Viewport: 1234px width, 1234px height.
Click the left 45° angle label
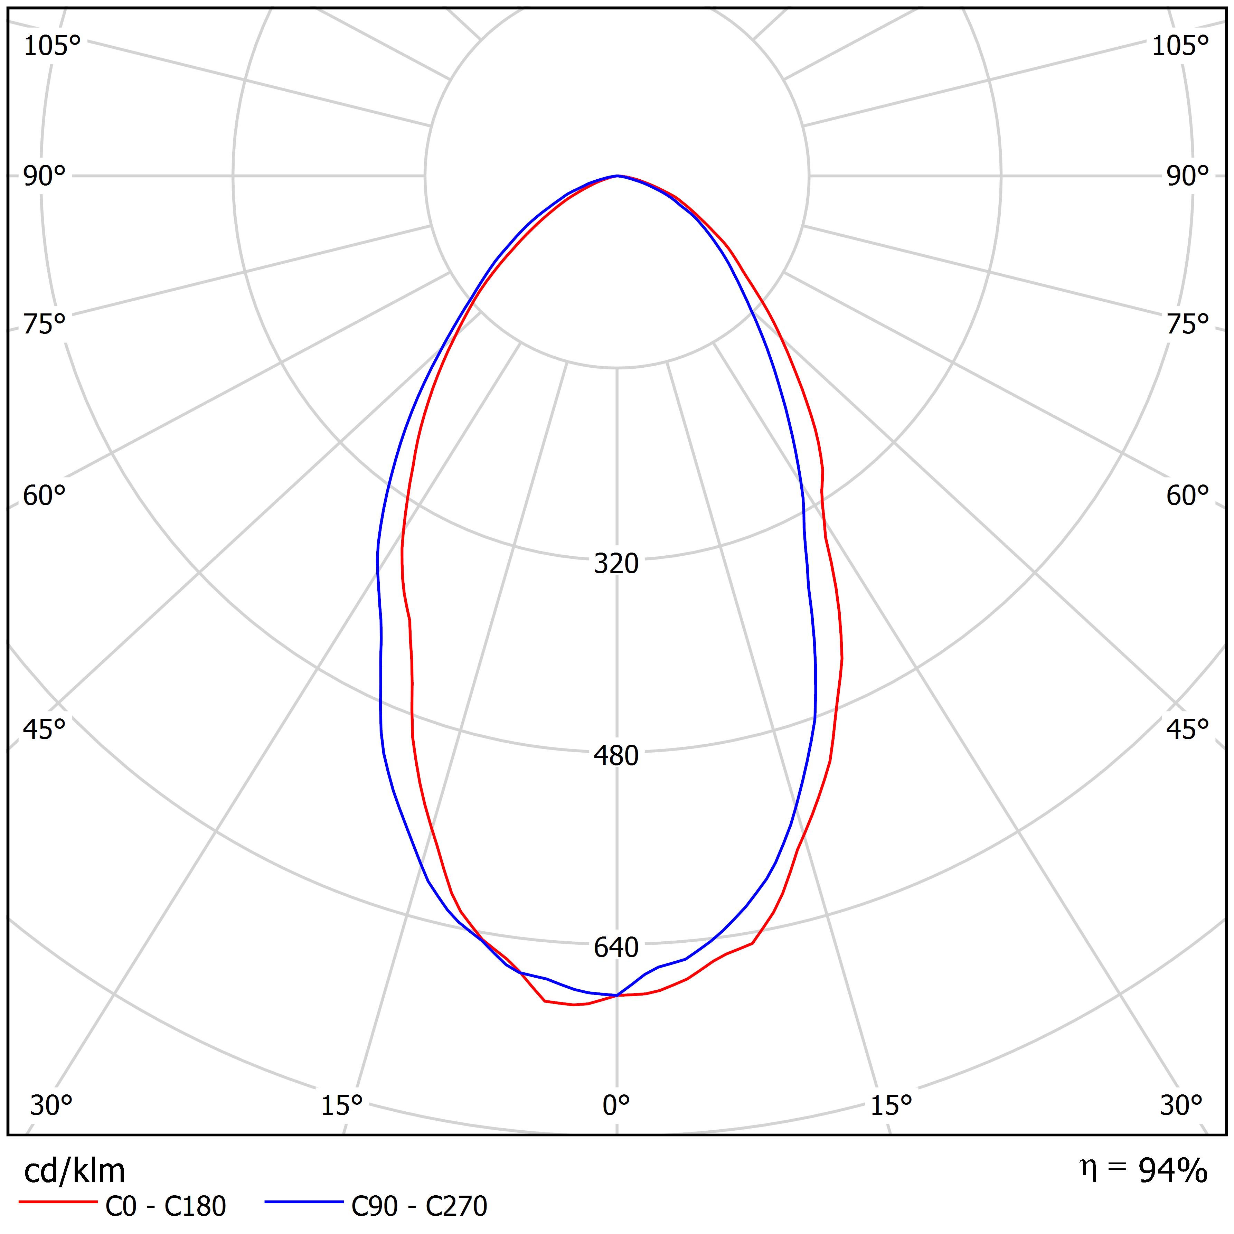(x=45, y=729)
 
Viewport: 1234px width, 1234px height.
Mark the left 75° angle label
(x=45, y=324)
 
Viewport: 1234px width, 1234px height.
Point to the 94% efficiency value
(x=1173, y=1171)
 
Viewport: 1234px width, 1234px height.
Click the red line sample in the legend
(x=57, y=1202)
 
